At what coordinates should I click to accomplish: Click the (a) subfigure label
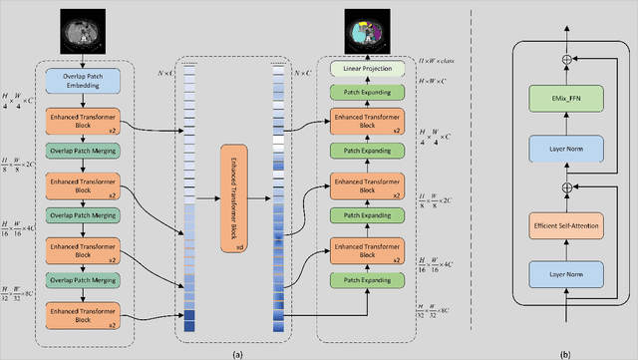pyautogui.click(x=237, y=352)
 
